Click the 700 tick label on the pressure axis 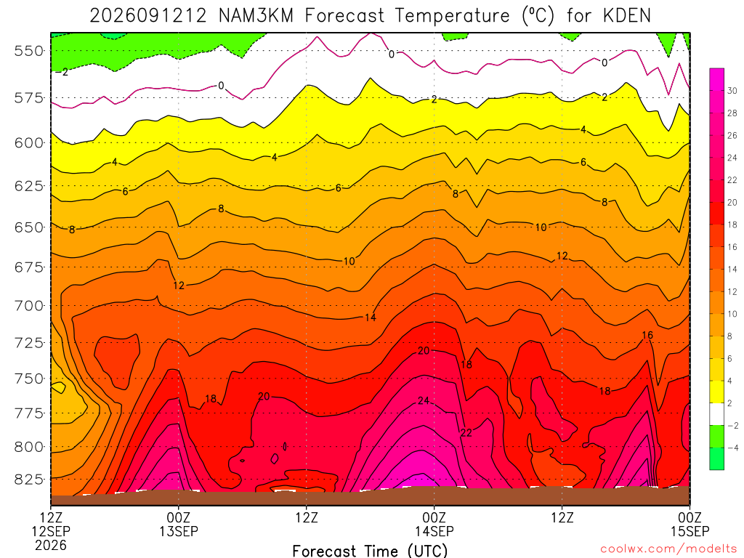point(28,306)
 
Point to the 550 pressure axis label point(28,51)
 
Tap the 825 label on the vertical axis point(28,480)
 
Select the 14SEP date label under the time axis point(434,531)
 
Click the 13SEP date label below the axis point(179,531)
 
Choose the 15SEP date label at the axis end point(690,531)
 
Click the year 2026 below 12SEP point(51,545)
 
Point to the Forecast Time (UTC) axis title point(370,551)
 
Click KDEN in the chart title point(627,16)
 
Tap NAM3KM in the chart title point(256,16)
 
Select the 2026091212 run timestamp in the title point(148,16)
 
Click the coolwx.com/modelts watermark point(668,549)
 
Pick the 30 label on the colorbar point(732,91)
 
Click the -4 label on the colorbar point(732,448)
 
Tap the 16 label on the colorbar point(732,247)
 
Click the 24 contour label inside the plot point(424,401)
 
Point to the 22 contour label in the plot point(466,432)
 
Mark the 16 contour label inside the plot point(647,336)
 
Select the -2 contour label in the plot point(62,72)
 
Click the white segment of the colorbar point(717,414)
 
